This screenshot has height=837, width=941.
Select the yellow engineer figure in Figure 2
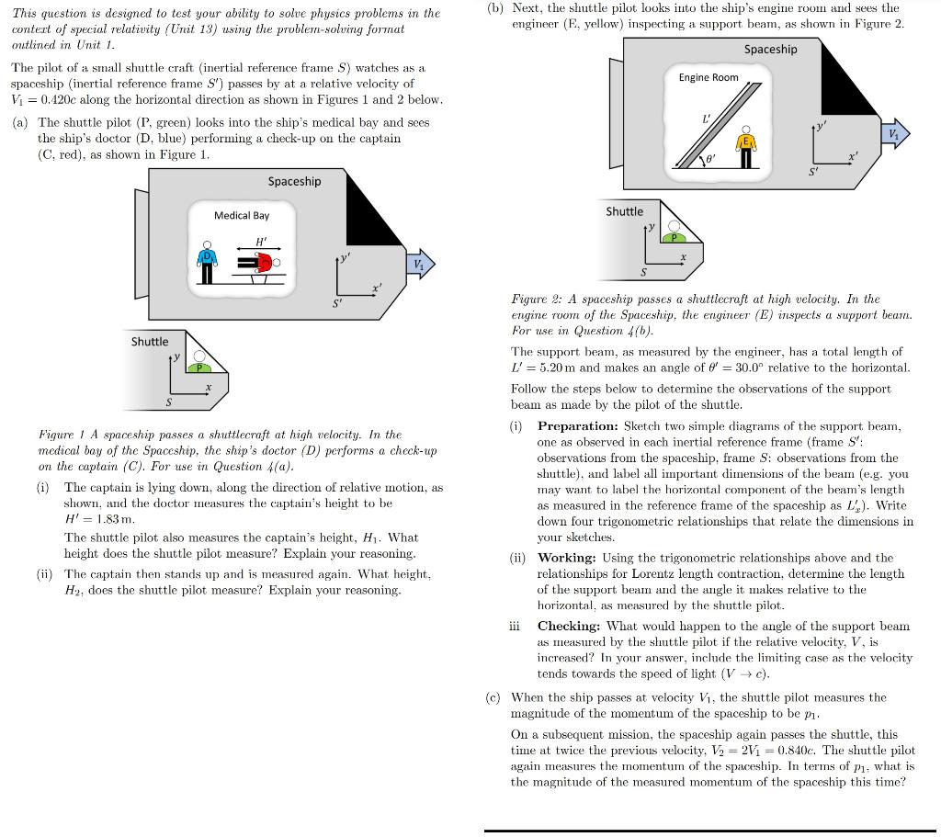tap(747, 147)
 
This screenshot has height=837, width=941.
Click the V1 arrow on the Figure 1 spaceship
tap(419, 265)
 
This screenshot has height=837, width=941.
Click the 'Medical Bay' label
tap(242, 215)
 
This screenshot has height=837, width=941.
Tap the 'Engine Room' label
tap(709, 77)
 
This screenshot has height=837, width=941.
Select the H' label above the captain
tap(262, 242)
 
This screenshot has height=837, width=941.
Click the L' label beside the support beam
tap(706, 118)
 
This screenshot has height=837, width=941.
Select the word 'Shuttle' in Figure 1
tap(150, 342)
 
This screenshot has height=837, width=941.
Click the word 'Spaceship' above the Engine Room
tap(771, 49)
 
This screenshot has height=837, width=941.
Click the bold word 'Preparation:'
tap(578, 426)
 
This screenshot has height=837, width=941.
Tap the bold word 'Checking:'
tap(567, 626)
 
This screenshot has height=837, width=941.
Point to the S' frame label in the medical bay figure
tap(337, 302)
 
